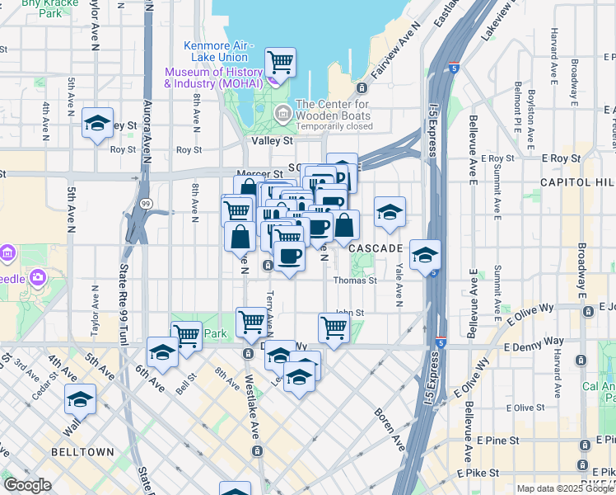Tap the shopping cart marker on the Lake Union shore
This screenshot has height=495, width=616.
pos(280,62)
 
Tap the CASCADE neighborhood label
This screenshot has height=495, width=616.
pos(376,247)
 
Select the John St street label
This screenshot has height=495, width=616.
pos(349,313)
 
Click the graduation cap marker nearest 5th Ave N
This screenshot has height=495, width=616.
pos(98,124)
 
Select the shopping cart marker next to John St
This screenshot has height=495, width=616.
pos(334,326)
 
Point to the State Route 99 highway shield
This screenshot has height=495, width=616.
pos(145,203)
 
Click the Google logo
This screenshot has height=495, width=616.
pos(27,485)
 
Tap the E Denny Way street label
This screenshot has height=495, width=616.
pos(543,341)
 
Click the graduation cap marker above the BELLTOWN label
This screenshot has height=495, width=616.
pos(80,399)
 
